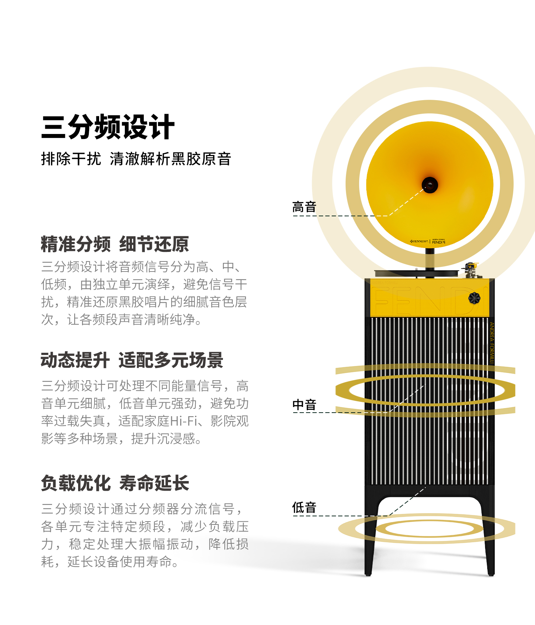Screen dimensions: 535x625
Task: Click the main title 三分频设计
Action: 108,127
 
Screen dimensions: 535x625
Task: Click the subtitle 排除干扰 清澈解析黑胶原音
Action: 136,159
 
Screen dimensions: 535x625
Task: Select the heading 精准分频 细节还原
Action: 114,244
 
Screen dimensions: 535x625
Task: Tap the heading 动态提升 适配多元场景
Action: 132,360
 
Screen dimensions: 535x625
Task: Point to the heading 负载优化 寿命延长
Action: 114,484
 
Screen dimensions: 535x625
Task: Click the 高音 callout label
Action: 304,207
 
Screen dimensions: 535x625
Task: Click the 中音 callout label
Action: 304,405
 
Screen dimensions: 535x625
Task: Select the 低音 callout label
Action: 304,507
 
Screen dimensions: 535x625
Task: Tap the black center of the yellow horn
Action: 430,185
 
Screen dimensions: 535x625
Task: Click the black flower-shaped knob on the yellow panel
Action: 474,298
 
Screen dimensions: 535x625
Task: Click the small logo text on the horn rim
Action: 428,242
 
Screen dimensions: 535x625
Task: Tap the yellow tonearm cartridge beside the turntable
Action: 472,266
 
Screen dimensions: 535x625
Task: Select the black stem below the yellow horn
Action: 430,258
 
